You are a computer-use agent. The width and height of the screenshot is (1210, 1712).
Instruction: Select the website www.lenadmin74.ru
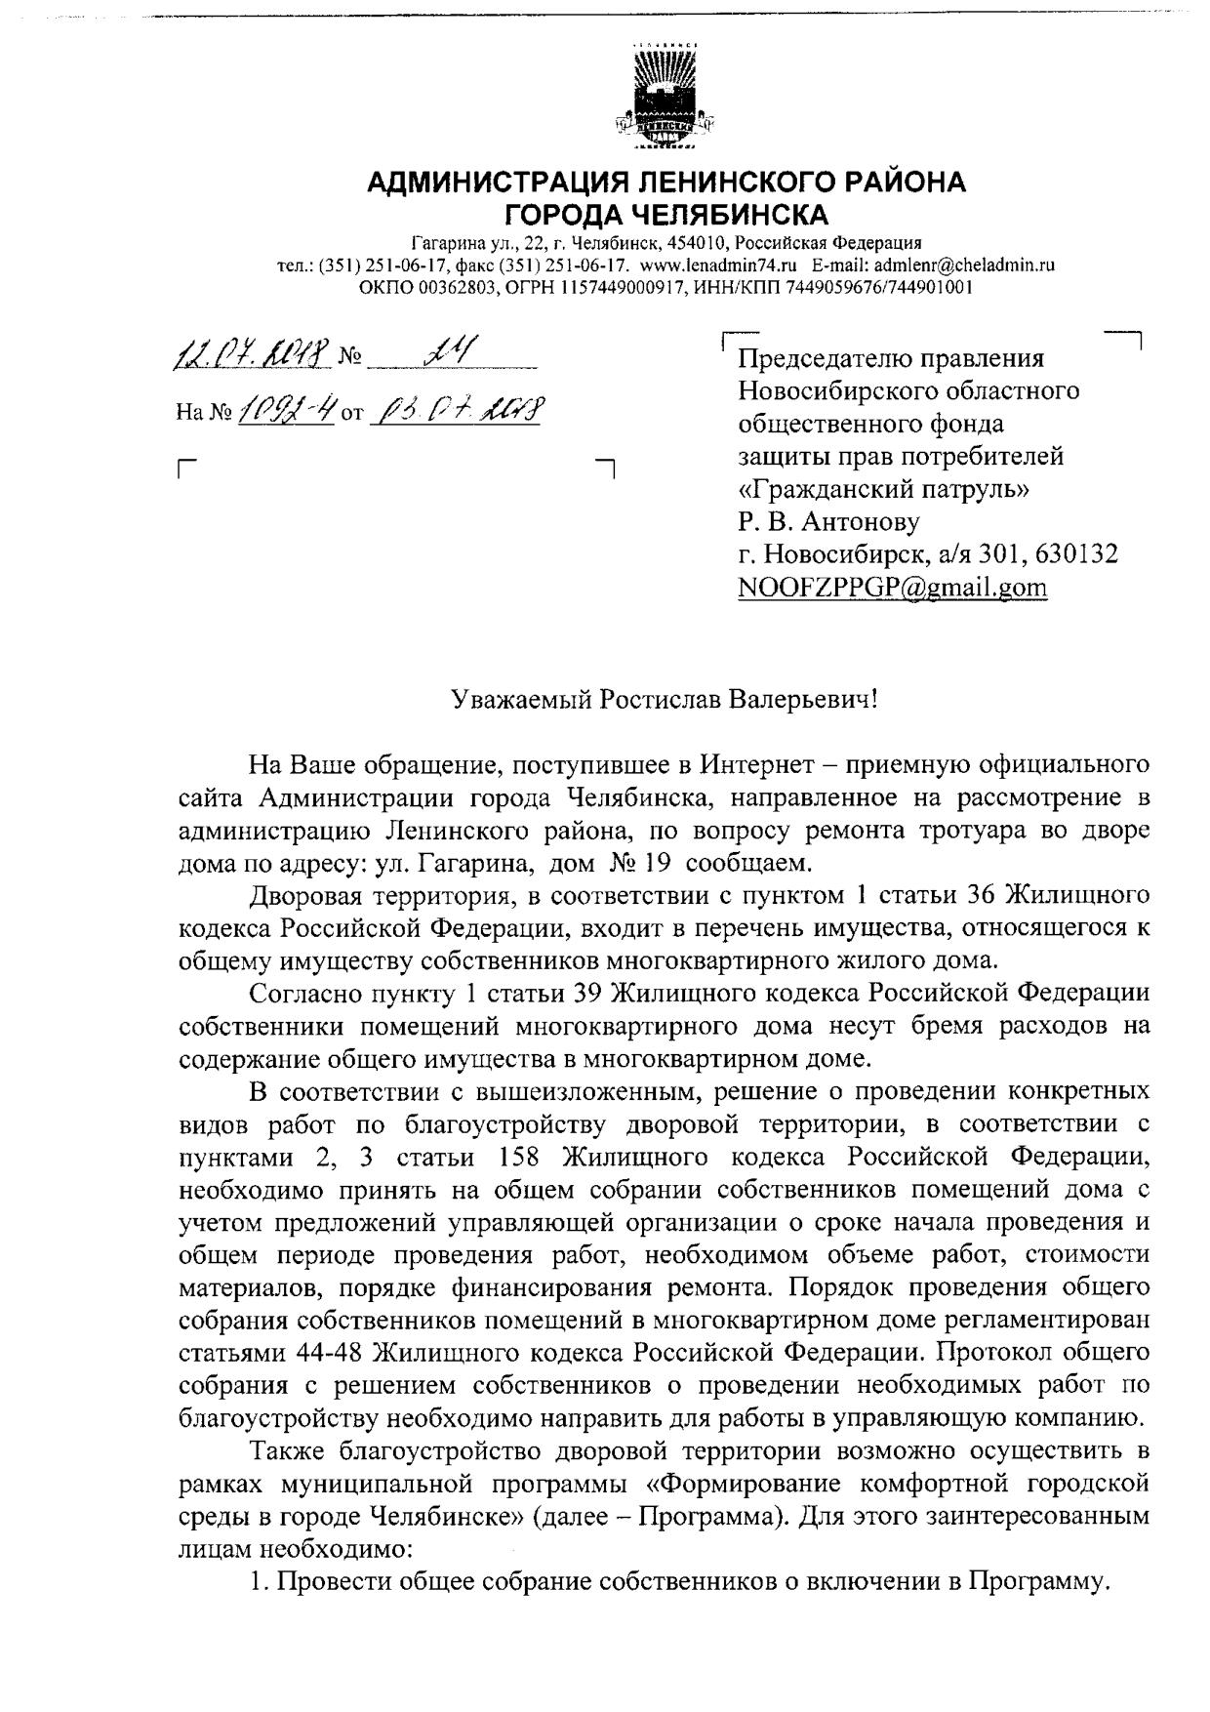(x=718, y=265)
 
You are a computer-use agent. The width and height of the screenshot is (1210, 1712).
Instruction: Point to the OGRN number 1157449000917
(x=630, y=287)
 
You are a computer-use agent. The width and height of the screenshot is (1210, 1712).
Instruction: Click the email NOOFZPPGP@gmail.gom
(x=892, y=588)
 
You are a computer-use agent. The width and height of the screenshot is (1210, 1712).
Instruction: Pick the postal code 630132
(x=1073, y=554)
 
